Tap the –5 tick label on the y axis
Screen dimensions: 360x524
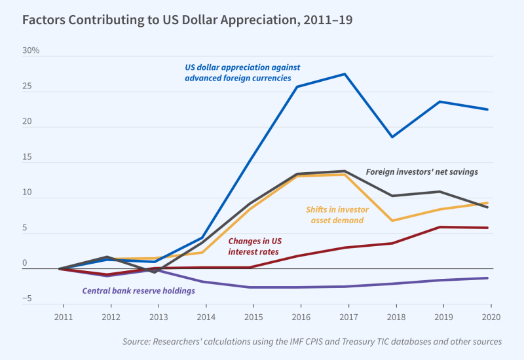click(27, 299)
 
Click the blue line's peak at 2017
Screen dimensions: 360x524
click(345, 74)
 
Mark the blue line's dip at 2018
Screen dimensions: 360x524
click(392, 137)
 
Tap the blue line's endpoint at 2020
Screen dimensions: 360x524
click(487, 109)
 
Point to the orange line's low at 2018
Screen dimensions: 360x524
click(392, 221)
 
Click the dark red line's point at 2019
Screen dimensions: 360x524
click(440, 227)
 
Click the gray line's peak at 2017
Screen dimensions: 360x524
click(345, 171)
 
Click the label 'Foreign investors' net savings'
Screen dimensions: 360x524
click(422, 171)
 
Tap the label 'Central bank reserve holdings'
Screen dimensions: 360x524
click(138, 291)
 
